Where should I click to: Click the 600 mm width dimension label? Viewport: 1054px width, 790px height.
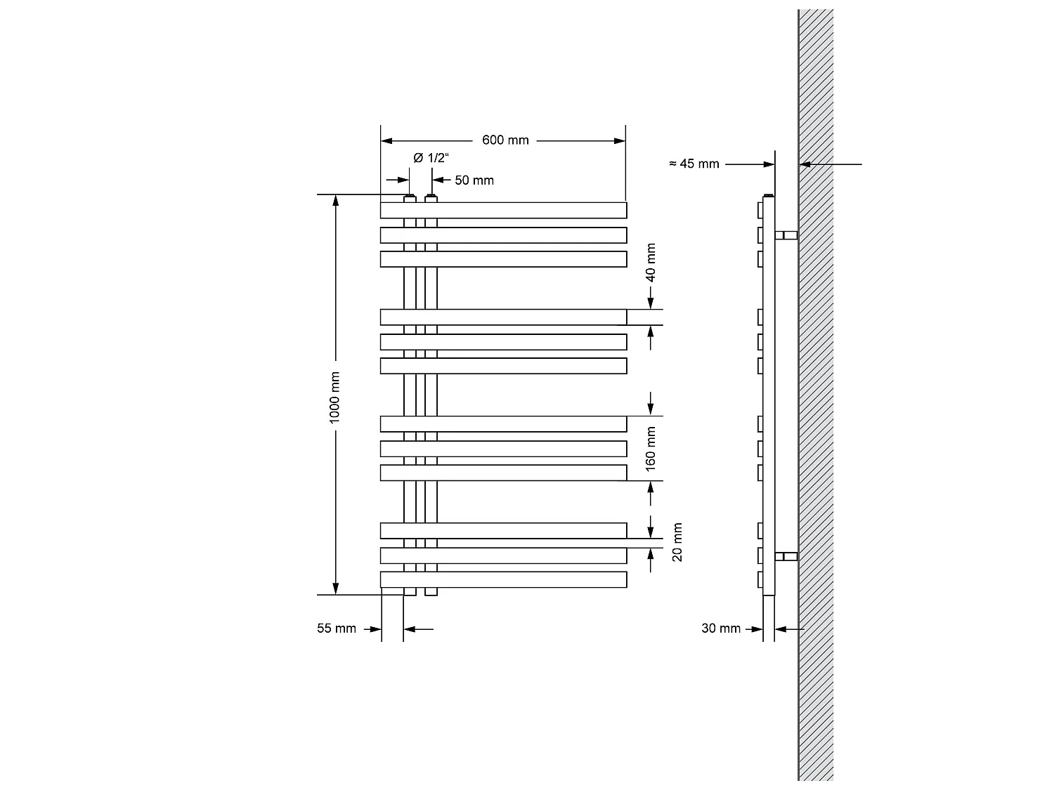click(505, 140)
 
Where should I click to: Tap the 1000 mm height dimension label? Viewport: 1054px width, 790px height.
click(335, 397)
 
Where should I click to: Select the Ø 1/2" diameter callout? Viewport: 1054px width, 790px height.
click(430, 158)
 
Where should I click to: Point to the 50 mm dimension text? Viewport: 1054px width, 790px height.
click(474, 180)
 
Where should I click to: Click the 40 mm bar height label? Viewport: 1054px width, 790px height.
click(651, 263)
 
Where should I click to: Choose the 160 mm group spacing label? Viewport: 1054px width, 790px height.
click(651, 447)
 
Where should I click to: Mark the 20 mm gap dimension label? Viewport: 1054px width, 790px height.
click(677, 542)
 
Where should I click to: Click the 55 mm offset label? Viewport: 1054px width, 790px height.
click(337, 628)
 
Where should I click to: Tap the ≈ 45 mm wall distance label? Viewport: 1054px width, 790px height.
click(694, 164)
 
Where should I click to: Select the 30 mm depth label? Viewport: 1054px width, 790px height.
click(721, 628)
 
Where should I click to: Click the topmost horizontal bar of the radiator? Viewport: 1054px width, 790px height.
click(503, 211)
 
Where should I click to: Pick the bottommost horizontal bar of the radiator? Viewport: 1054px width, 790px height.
click(503, 580)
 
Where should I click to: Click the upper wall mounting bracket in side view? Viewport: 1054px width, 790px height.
click(786, 235)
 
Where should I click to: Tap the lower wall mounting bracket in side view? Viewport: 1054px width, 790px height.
click(786, 557)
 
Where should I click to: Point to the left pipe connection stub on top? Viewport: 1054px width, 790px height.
click(410, 199)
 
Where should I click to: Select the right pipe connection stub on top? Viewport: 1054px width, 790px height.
click(431, 199)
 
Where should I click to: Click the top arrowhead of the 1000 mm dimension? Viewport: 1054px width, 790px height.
click(336, 200)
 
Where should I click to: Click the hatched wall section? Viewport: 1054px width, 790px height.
click(816, 393)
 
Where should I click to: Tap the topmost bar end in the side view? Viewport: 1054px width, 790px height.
click(760, 211)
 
